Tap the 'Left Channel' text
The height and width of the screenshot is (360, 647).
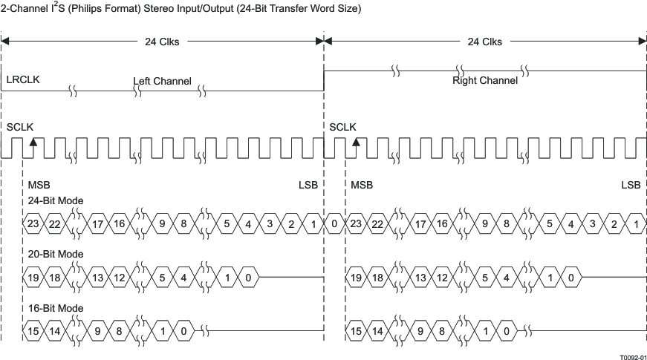162,80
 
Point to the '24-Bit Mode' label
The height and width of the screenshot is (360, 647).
56,200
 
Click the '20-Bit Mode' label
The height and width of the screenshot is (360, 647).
56,254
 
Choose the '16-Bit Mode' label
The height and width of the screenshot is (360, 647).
56,308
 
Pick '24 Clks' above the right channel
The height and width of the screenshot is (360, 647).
484,42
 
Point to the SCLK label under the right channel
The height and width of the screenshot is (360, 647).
342,127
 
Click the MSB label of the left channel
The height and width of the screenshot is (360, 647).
39,184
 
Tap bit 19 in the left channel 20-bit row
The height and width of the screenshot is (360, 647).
33,278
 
